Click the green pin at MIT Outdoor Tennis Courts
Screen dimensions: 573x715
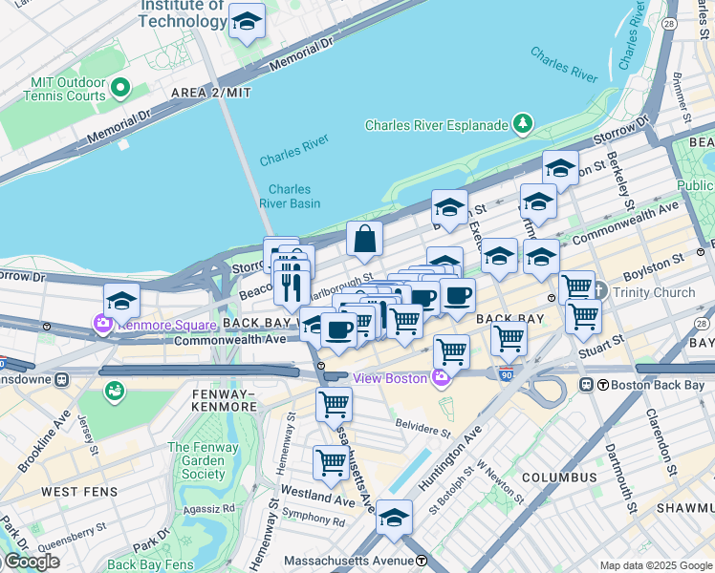(120, 90)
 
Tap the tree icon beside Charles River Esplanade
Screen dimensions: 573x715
(522, 124)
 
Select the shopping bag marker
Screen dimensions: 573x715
(365, 240)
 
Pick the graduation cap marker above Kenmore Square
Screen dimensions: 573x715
(121, 301)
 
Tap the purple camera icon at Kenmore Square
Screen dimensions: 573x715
(102, 325)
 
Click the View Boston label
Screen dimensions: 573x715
(390, 378)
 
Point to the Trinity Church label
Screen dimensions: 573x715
(654, 291)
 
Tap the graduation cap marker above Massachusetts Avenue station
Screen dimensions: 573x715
(394, 518)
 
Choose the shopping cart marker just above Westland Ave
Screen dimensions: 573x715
(332, 463)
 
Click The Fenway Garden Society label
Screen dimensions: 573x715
(196, 460)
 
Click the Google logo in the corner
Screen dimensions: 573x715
(31, 562)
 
